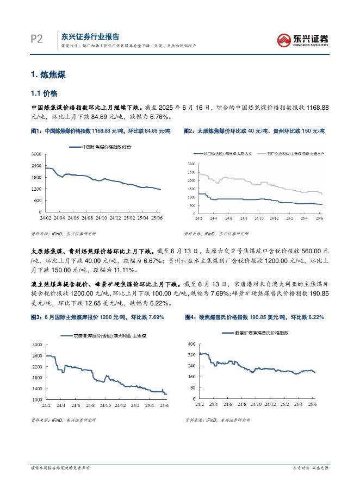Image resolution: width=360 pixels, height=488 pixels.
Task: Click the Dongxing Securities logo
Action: click(303, 39)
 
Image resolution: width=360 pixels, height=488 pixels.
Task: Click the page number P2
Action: click(36, 39)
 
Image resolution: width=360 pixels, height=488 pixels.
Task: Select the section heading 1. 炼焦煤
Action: click(49, 74)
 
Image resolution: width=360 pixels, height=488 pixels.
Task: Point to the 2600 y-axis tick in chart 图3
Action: click(37, 356)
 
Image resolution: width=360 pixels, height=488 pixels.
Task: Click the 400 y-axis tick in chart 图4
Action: click(191, 345)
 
